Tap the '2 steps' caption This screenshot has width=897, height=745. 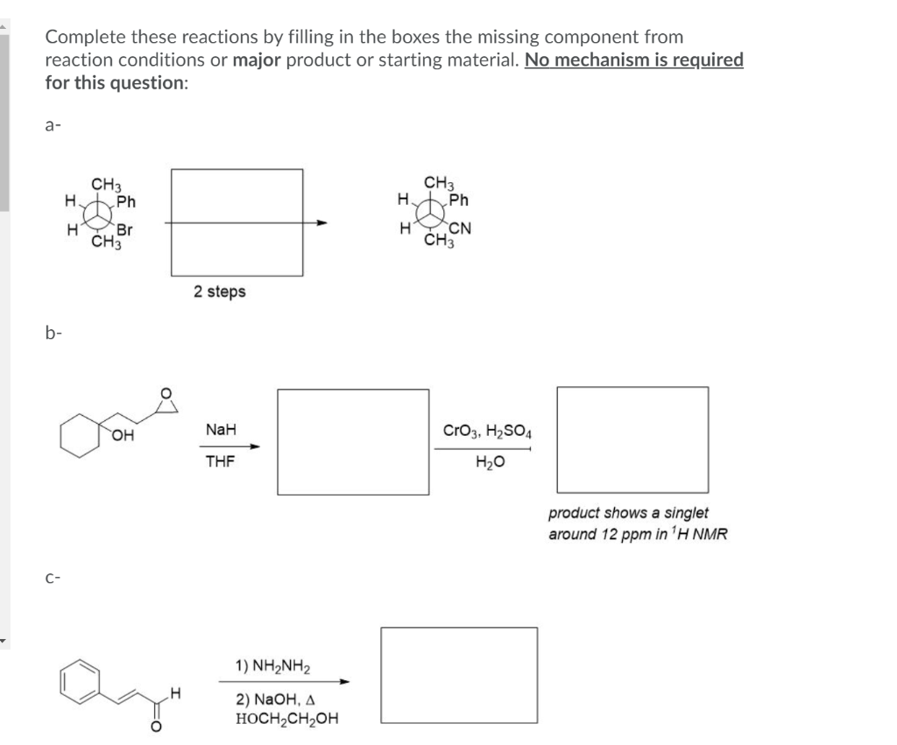(x=220, y=292)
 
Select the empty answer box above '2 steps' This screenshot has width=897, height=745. (x=237, y=222)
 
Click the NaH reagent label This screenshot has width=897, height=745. (x=219, y=430)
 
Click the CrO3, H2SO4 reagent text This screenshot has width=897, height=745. (x=481, y=432)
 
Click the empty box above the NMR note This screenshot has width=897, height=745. (x=632, y=439)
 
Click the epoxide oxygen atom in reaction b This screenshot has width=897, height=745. (x=162, y=391)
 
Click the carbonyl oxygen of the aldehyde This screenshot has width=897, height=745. (x=156, y=724)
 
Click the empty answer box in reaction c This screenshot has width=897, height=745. (x=459, y=675)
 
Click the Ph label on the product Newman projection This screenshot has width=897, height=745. (x=459, y=200)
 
